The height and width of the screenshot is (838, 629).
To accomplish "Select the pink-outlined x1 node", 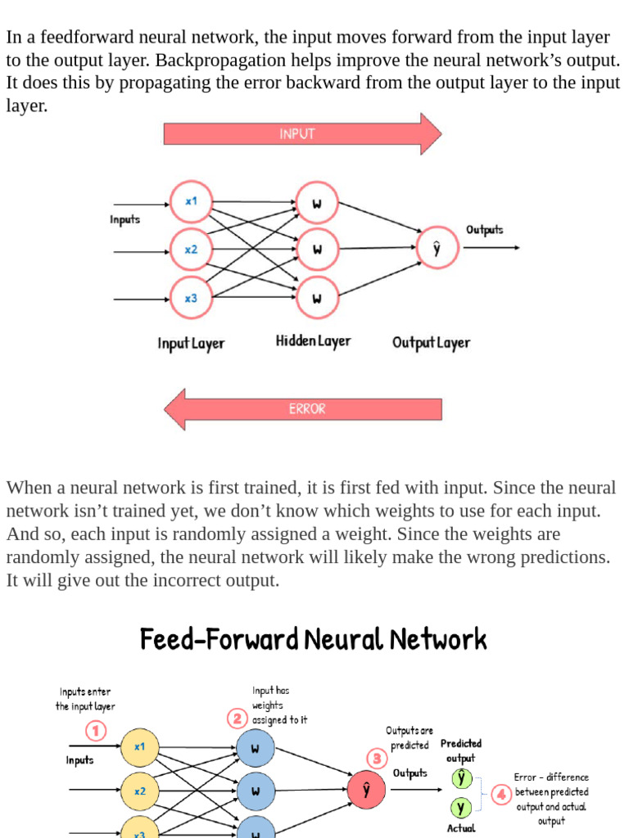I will click(191, 200).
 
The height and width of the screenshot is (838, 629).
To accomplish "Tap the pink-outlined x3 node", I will click(191, 298).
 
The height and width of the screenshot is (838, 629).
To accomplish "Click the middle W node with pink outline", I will click(316, 249).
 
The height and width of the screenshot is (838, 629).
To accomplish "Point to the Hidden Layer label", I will click(313, 341).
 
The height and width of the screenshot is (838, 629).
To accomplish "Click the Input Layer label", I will click(191, 343).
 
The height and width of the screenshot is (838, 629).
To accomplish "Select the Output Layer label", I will click(431, 342).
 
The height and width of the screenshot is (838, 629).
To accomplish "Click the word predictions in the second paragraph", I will click(561, 557).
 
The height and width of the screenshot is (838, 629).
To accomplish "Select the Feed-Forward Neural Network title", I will click(313, 639).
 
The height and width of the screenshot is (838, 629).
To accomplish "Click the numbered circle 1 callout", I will click(97, 730).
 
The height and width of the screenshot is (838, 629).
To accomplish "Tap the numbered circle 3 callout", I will click(377, 759).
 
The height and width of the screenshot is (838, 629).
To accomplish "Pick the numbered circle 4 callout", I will click(500, 794).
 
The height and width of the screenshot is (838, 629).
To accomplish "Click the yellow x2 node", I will click(140, 791).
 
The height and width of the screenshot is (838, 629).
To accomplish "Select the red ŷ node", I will click(366, 790).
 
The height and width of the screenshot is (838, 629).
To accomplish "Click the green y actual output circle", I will click(461, 808).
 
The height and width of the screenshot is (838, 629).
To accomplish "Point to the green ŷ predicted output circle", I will click(461, 777).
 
